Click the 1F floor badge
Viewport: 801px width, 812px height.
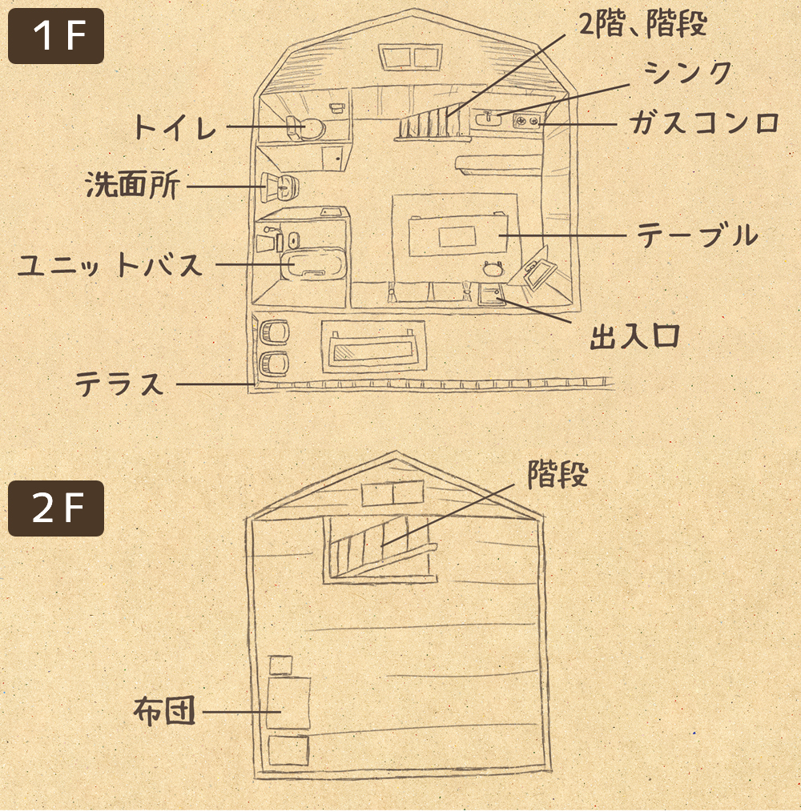(56, 36)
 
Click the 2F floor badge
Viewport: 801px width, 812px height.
(56, 509)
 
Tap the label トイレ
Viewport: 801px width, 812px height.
(174, 127)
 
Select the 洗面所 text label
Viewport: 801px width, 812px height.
(131, 186)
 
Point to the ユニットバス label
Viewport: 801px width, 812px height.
(111, 264)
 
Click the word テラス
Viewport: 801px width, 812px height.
(119, 384)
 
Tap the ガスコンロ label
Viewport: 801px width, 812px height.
(704, 123)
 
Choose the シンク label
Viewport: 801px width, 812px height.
(689, 73)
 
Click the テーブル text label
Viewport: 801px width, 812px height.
(697, 235)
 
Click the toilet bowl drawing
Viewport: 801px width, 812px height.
(308, 127)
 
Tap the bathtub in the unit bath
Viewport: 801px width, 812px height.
(312, 264)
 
